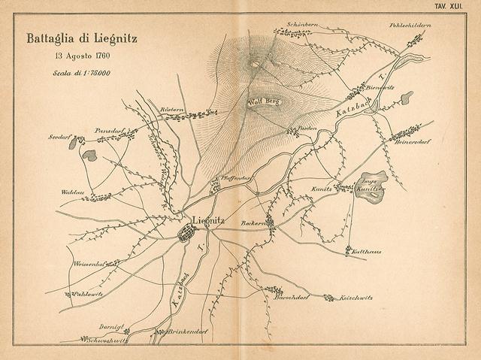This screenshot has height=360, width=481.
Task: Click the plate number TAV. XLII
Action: click(458, 6)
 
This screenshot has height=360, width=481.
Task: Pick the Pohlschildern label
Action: click(410, 26)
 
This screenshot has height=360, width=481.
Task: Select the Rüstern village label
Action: click(172, 110)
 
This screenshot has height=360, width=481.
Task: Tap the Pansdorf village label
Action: click(109, 130)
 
